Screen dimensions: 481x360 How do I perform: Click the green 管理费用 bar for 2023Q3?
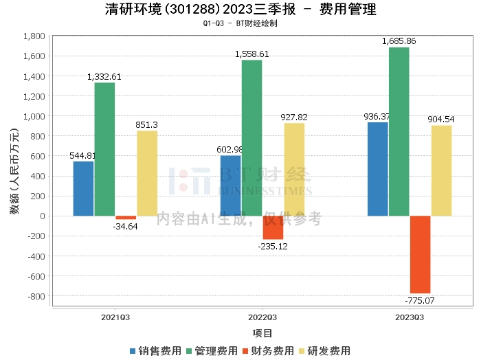(x=399, y=131)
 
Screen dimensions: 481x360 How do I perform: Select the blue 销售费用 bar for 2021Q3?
(x=83, y=188)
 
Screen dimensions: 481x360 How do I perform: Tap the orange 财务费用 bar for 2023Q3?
(x=420, y=254)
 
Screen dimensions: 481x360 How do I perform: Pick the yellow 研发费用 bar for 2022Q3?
(x=294, y=170)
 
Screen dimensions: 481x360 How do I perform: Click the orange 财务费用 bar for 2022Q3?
(x=273, y=227)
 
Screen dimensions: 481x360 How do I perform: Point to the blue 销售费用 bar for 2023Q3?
(x=378, y=169)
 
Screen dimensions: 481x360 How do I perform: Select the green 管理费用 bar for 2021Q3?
(x=104, y=149)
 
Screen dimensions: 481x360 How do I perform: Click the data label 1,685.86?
(x=399, y=41)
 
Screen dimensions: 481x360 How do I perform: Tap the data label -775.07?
(x=420, y=300)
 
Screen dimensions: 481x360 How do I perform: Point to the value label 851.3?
(x=146, y=125)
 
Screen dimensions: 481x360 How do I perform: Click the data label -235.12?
(x=273, y=247)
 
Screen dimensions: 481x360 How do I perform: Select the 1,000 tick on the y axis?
(x=34, y=116)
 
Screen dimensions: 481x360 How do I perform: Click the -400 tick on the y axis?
(x=36, y=256)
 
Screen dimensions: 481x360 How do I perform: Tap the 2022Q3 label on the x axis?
(x=262, y=317)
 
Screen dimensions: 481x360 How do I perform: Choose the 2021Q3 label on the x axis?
(x=115, y=317)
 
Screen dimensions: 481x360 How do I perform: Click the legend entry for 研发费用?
(x=325, y=351)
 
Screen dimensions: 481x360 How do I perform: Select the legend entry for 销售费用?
(x=155, y=351)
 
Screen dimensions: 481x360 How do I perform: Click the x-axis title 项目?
(x=262, y=333)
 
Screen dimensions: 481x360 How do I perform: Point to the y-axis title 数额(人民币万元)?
(x=14, y=171)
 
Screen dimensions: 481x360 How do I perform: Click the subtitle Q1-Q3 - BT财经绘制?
(x=240, y=23)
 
